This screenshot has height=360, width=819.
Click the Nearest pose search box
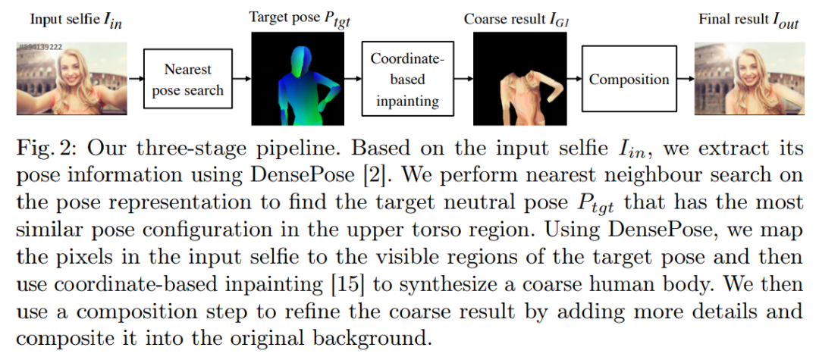187,80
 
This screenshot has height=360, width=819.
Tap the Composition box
629,80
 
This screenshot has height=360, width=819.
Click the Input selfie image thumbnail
70,79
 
